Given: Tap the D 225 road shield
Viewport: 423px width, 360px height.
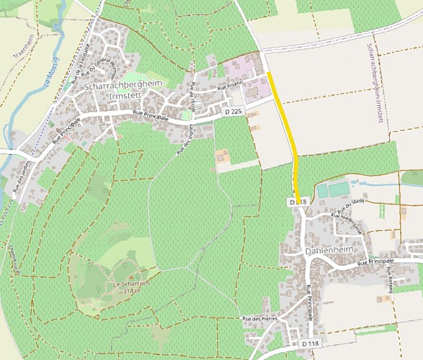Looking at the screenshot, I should point(233,112).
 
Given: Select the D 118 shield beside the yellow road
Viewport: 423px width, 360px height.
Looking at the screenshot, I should point(298,203).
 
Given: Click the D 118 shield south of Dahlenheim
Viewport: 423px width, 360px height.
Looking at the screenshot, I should point(310,343).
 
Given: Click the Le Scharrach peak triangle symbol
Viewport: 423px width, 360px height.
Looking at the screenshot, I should point(130,276).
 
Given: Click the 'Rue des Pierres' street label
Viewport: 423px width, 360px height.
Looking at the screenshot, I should point(259,319).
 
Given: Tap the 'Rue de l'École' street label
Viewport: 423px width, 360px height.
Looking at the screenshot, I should point(193,94).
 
